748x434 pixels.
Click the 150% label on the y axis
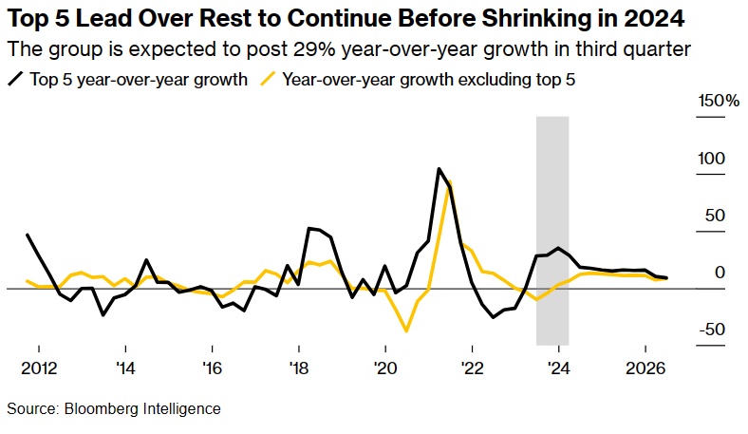[x=720, y=102]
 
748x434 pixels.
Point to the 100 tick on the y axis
[x=712, y=159]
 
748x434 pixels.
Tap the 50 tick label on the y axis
[x=716, y=216]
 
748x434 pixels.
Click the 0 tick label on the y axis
[x=720, y=273]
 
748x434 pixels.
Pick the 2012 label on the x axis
[x=39, y=368]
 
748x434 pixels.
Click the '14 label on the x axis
[x=126, y=368]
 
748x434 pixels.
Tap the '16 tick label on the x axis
[x=213, y=368]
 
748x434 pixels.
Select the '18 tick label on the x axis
[x=299, y=368]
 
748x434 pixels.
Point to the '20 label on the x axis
[x=385, y=368]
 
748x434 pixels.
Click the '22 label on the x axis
[x=472, y=368]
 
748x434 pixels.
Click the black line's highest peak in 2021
[x=439, y=169]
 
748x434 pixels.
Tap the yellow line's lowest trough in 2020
[x=407, y=331]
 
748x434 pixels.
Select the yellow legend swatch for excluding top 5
[x=269, y=80]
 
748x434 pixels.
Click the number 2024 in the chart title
[x=655, y=19]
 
